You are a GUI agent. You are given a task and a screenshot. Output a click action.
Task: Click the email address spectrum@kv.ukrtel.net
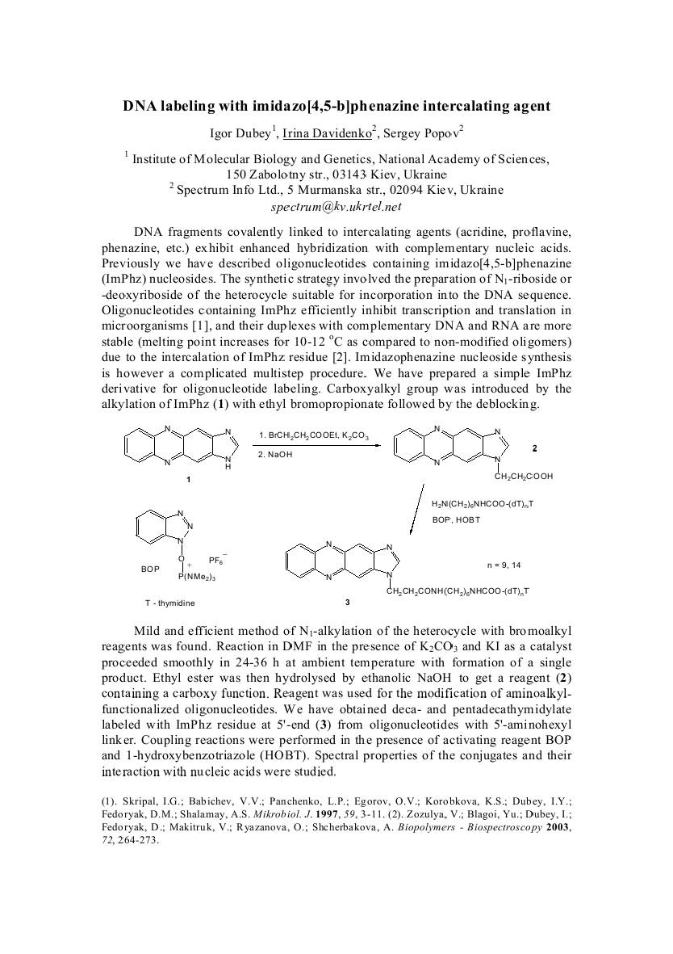pos(336,206)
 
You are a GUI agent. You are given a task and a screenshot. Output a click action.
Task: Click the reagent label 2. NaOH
pos(277,456)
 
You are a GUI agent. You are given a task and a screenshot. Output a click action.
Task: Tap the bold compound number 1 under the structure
pos(188,480)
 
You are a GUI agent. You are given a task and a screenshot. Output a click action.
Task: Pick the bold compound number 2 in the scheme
pos(534,448)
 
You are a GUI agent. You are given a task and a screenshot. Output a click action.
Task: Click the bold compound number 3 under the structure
pos(347,602)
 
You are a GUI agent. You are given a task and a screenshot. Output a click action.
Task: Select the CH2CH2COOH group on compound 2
pos(525,477)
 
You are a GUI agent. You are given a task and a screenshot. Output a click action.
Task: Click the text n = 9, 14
pos(504,565)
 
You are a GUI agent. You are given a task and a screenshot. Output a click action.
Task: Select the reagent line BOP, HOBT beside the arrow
pos(456,519)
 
